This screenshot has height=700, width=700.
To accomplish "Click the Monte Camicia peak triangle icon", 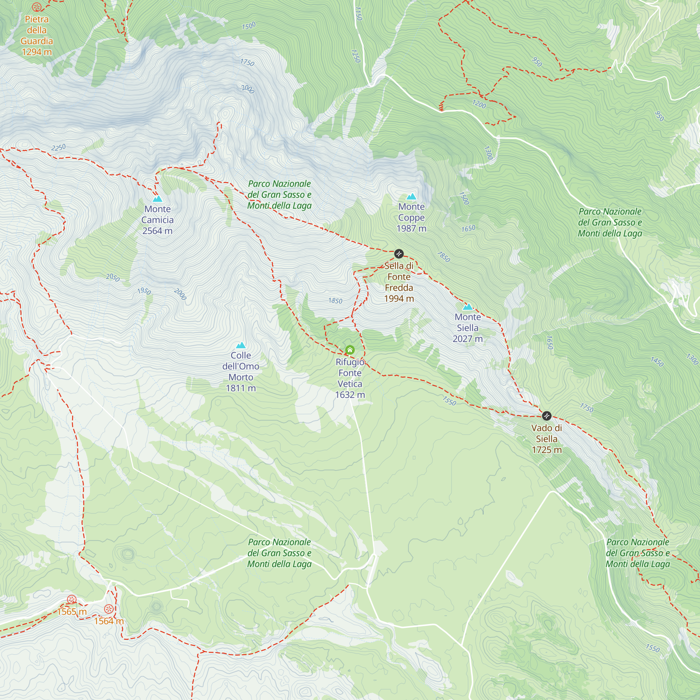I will point(157,199).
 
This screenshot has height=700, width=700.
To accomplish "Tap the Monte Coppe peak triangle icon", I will point(411,197).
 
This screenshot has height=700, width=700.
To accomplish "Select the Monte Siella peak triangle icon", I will point(468,307).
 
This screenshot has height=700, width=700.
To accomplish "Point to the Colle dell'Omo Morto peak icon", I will point(241,345).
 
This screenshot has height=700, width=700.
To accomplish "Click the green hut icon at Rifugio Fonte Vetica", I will point(350,350).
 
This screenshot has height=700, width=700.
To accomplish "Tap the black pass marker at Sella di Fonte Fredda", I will point(399,253).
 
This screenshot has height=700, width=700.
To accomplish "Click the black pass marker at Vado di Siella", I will point(546,415).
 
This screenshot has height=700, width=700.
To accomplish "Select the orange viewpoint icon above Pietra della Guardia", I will point(37,7).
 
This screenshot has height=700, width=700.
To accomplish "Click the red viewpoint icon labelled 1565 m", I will point(72,600).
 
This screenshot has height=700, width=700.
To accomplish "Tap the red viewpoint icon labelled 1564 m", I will point(109,609).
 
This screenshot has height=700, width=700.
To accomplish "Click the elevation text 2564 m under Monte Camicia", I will point(157,231).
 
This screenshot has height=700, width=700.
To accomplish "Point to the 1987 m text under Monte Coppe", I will point(411,229).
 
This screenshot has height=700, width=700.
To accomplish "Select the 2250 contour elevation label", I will point(58,147).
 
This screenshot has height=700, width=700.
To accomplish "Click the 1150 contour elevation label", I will point(358,13).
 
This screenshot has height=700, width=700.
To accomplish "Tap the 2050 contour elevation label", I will point(113,278).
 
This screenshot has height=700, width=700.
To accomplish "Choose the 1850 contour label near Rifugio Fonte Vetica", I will point(335,301).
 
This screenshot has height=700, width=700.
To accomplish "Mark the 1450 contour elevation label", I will point(657,362).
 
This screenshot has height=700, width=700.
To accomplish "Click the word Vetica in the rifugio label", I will point(350,384).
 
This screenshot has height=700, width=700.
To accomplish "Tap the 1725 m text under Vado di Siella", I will point(546,450).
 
